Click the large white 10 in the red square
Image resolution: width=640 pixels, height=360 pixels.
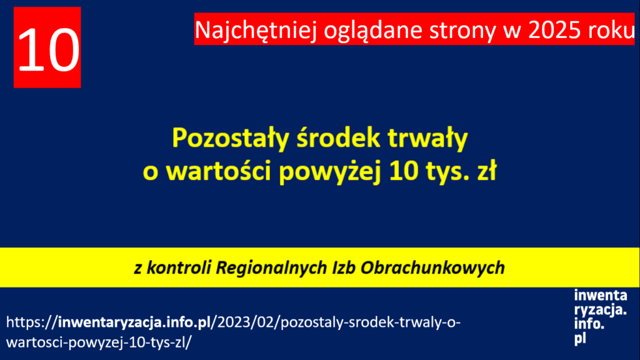(x=48, y=50)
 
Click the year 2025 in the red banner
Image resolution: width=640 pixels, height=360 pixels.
(x=554, y=30)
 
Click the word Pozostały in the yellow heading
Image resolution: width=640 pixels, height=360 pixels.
(x=230, y=139)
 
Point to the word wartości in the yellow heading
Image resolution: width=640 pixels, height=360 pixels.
(x=219, y=170)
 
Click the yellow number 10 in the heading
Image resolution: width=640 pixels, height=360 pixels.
(x=404, y=171)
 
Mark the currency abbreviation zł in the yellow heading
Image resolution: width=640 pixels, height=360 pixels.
(x=487, y=170)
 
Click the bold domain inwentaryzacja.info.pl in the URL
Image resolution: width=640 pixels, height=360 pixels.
(x=134, y=323)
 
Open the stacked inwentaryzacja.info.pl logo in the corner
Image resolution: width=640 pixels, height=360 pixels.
(x=600, y=317)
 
